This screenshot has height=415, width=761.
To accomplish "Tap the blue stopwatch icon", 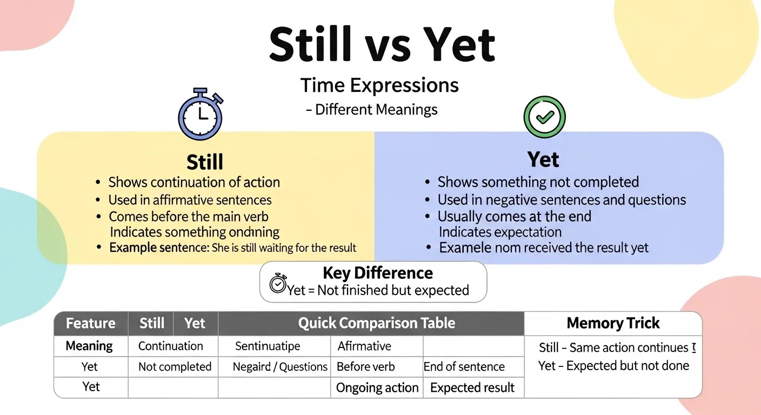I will coord(201,115).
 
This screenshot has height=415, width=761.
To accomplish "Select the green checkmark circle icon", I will coord(544,117).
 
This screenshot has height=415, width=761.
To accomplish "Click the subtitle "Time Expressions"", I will coord(379,85).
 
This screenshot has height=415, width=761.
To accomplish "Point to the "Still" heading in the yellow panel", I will coord(205,162).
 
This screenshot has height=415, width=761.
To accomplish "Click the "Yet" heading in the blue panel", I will coord(543,160).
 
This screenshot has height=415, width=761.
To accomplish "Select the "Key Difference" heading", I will coord(377,273).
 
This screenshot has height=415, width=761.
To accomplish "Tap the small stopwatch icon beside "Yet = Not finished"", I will coord(278,283).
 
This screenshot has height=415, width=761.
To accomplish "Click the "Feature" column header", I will coord(90,323).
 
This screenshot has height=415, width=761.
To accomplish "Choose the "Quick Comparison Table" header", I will coord(376,323).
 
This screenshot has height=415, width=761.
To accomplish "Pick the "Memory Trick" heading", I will coord(613,323).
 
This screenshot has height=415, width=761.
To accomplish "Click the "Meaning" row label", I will coord(89,346).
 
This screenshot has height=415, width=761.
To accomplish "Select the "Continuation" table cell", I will coord(170,346).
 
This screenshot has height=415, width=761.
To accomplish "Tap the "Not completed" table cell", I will coord(175,366).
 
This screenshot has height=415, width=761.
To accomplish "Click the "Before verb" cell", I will coord(365,366).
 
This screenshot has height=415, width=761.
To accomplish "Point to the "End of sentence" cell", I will coord(464,366).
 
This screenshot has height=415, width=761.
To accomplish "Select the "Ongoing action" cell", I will coord(377,387).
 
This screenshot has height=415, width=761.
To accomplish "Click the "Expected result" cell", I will coord(472,387).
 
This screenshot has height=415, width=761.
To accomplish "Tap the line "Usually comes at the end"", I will coord(514,217).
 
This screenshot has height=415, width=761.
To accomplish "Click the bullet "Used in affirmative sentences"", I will coord(190,200).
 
